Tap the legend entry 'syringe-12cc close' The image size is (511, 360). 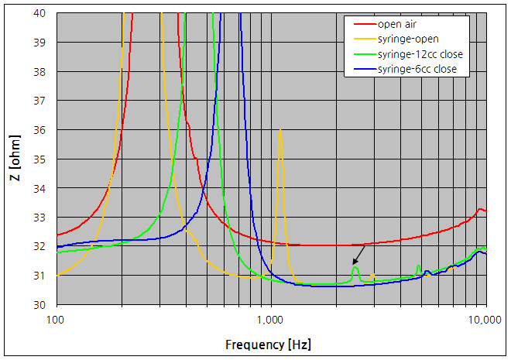(421, 54)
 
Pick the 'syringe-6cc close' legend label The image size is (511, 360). (419, 70)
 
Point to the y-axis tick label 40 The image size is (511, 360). (39, 13)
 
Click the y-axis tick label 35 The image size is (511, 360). (39, 159)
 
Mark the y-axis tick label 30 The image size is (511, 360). (39, 304)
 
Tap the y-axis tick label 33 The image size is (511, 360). (39, 217)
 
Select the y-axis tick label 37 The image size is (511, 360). (39, 101)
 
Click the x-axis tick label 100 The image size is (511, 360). (56, 318)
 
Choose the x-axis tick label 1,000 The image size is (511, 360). (271, 318)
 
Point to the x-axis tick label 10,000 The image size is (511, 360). (485, 318)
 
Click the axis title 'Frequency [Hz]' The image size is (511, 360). (268, 343)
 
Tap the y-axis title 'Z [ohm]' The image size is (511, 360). (14, 159)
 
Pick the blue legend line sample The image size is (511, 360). (361, 70)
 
